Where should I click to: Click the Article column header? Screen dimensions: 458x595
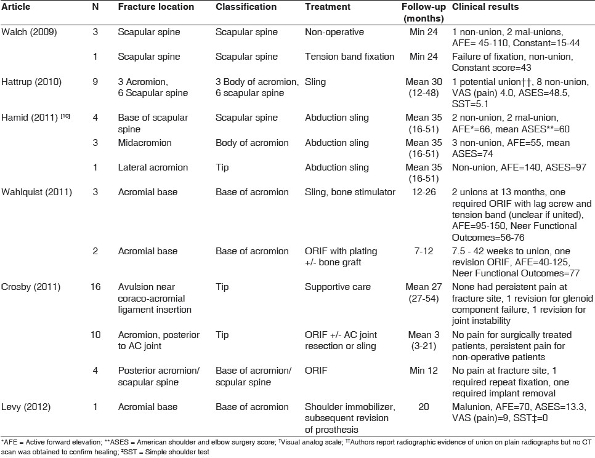16,7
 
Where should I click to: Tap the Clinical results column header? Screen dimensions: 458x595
485,7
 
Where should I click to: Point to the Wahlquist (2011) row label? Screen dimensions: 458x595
36,191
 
